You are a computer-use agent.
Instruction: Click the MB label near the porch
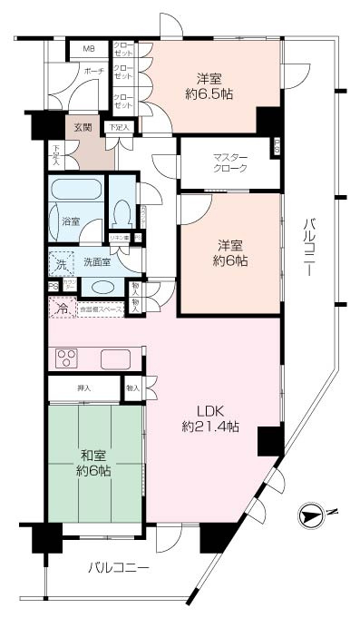(x=89, y=48)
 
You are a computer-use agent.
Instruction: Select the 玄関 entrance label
(x=83, y=127)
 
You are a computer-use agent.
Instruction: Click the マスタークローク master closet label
(x=223, y=162)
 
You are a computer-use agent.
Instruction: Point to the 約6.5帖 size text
(x=210, y=92)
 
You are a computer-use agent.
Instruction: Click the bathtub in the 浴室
(x=75, y=194)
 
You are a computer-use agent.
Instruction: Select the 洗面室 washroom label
(x=96, y=261)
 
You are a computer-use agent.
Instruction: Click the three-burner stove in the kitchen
(x=70, y=358)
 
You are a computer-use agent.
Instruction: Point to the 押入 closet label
(x=83, y=388)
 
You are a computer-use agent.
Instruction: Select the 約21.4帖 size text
(x=210, y=427)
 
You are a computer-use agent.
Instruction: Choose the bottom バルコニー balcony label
(x=118, y=568)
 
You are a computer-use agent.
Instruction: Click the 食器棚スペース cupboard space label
(x=105, y=309)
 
